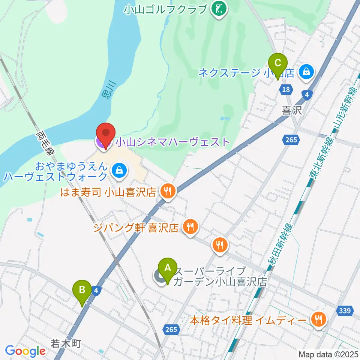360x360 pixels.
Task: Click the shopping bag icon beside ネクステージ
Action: (307, 72)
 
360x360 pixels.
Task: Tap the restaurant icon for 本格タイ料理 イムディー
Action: (318, 319)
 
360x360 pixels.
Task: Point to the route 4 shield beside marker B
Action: (96, 290)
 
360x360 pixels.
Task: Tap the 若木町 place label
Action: (66, 343)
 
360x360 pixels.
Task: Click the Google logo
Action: (25, 351)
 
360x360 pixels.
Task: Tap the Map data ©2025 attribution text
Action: (328, 354)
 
